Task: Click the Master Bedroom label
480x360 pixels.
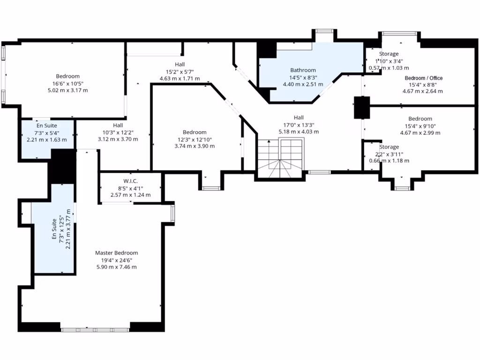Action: [x=116, y=253]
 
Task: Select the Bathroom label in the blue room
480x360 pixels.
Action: [x=303, y=70]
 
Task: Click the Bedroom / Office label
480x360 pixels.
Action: [x=423, y=78]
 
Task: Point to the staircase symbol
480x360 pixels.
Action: [x=280, y=160]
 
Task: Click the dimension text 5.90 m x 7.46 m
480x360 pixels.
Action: [x=116, y=267]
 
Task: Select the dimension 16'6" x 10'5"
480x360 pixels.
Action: [x=67, y=83]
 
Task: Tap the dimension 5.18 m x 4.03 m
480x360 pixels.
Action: [x=299, y=132]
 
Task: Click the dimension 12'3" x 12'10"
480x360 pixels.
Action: [x=194, y=139]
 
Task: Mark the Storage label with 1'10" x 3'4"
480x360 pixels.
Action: [x=389, y=54]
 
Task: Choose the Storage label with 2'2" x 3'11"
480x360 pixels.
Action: [x=389, y=147]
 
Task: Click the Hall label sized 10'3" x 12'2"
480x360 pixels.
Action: [x=118, y=125]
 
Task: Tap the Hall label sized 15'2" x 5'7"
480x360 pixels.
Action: [x=180, y=64]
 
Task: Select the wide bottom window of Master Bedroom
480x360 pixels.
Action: [x=95, y=330]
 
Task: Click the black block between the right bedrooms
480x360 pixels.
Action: [x=361, y=107]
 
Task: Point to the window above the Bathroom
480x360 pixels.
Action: [x=323, y=31]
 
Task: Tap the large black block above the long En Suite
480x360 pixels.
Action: [x=63, y=166]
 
